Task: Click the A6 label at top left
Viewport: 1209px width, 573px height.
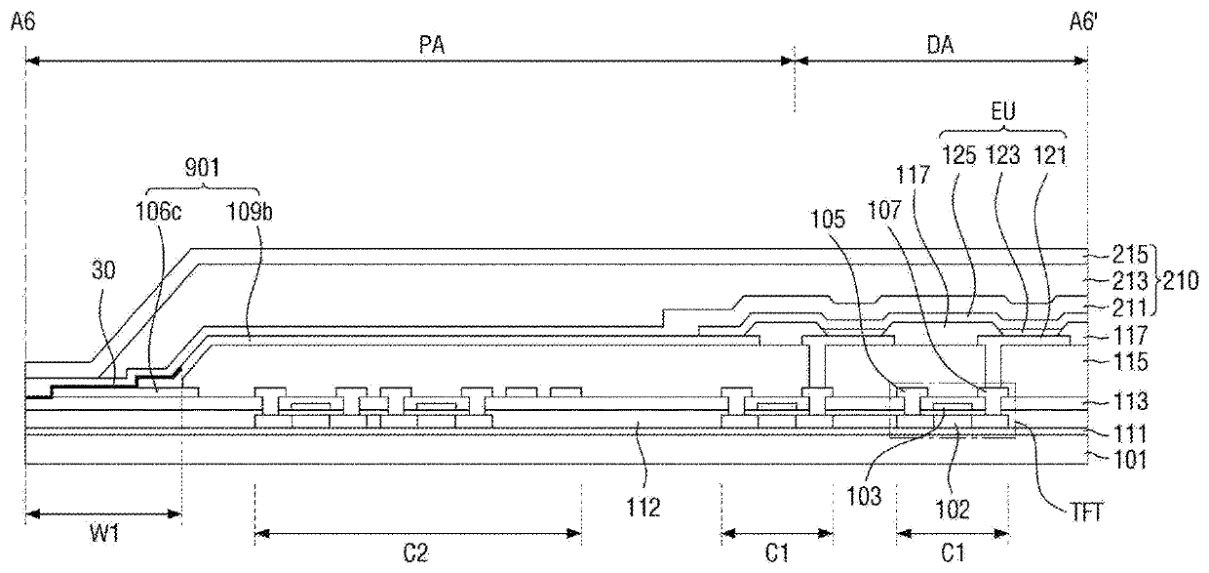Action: pyautogui.click(x=23, y=23)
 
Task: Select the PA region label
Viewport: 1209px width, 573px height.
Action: pyautogui.click(x=432, y=46)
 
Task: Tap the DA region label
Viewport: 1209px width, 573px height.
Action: pyautogui.click(x=940, y=46)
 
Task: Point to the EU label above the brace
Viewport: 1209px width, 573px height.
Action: pyautogui.click(x=1003, y=112)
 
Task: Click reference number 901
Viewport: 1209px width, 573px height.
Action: pyautogui.click(x=203, y=168)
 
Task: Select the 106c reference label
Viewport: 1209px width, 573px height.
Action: pyautogui.click(x=158, y=212)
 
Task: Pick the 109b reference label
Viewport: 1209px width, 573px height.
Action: pyautogui.click(x=249, y=212)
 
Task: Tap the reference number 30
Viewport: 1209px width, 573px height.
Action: pyautogui.click(x=103, y=269)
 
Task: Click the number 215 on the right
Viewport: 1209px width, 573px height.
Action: pyautogui.click(x=1130, y=255)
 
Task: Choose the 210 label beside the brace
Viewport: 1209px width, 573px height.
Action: pyautogui.click(x=1181, y=281)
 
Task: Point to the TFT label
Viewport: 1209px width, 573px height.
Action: pyautogui.click(x=1086, y=512)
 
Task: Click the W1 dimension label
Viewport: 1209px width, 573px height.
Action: pyautogui.click(x=104, y=535)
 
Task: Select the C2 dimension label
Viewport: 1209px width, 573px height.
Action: pyautogui.click(x=415, y=553)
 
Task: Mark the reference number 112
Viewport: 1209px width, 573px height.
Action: pyautogui.click(x=643, y=508)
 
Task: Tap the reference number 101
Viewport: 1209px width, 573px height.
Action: pyautogui.click(x=1130, y=461)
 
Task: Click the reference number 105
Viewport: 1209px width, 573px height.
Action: pyautogui.click(x=828, y=220)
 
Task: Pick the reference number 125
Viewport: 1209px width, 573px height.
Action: pyautogui.click(x=959, y=155)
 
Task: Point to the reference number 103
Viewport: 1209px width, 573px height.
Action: pyautogui.click(x=864, y=497)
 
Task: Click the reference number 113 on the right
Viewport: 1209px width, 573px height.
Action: pyautogui.click(x=1130, y=401)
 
